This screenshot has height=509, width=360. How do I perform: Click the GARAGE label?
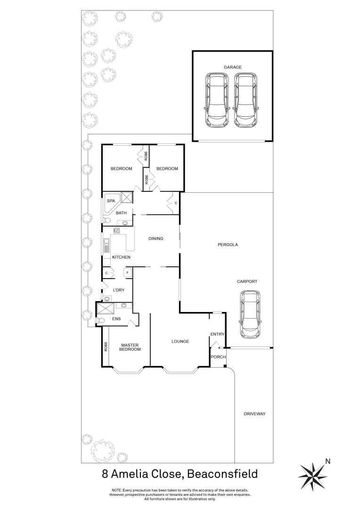tap(233, 67)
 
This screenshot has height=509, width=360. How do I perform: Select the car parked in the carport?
tap(250, 314)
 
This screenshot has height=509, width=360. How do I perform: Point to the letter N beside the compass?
tap(328, 461)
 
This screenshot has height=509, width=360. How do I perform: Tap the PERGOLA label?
tap(228, 245)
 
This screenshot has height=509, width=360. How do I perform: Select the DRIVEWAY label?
tap(255, 414)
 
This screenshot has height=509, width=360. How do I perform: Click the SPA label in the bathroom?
tap(111, 201)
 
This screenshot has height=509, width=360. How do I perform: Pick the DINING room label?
tap(155, 238)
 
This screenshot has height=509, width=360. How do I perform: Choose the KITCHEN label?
tap(121, 257)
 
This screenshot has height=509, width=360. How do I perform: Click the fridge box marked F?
tap(127, 273)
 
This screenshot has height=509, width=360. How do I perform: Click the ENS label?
tap(117, 319)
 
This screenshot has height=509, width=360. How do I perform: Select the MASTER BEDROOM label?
tap(130, 347)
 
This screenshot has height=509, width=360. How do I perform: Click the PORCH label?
tap(218, 357)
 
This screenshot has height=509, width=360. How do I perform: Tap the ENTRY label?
tap(217, 334)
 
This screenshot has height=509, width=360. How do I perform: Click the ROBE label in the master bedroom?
tap(106, 347)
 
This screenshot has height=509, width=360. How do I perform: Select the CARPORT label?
tap(247, 281)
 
